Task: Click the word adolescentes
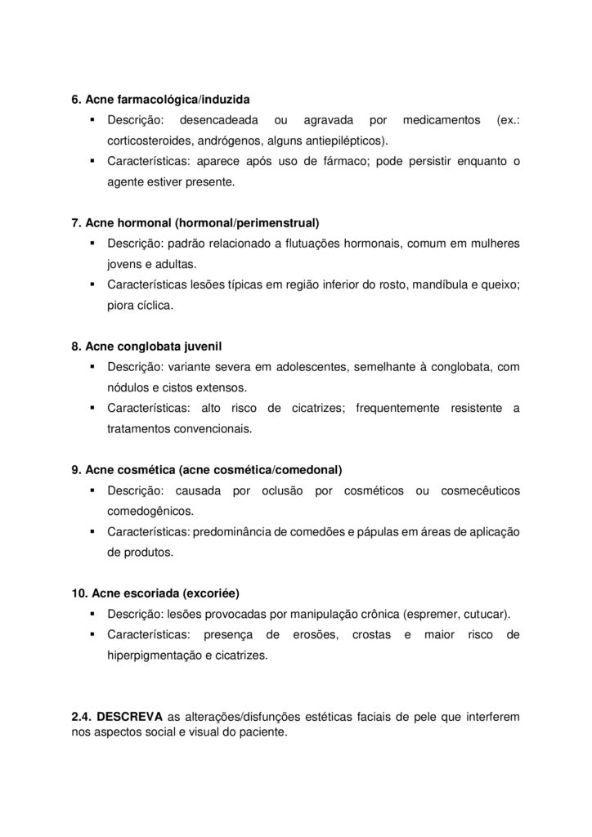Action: [x=316, y=367]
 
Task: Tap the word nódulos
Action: [x=128, y=387]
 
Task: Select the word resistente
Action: [x=476, y=408]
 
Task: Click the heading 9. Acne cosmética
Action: [x=207, y=469]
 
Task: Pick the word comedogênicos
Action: [x=150, y=511]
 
